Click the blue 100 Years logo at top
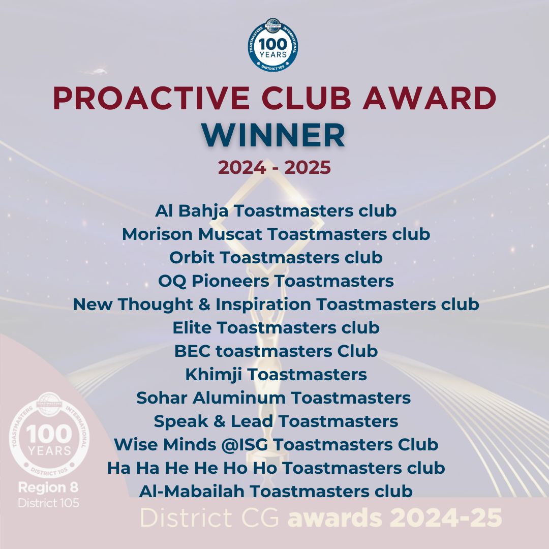pos(273,44)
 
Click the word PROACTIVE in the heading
pos(151,98)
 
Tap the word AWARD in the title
pos(429,98)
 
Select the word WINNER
pos(273,136)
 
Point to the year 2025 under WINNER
pos(308,167)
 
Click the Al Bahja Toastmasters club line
pos(276,211)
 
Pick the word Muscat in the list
pos(230,234)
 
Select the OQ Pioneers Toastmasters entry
pos(276,281)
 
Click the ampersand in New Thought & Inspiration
pos(204,304)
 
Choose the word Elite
pos(192,328)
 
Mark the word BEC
pos(193,351)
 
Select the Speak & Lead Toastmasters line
pos(276,421)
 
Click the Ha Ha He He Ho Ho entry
pos(276,468)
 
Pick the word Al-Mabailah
pos(192,491)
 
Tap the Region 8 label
pos(48,487)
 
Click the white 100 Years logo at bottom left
pos(49,435)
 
